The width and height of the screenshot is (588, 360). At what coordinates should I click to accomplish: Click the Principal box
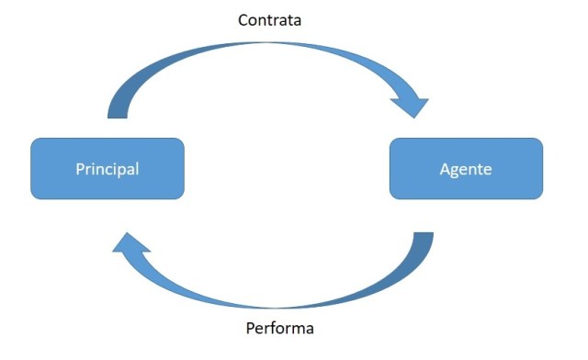click(x=107, y=169)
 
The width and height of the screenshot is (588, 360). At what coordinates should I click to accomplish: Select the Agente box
click(x=466, y=169)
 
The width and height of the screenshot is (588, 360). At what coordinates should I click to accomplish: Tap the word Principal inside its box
click(x=107, y=169)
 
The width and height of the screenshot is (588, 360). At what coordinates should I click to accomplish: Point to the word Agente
click(x=466, y=169)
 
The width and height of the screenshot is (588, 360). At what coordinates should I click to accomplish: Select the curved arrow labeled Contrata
click(x=266, y=48)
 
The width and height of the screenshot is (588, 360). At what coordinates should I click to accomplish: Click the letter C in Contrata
click(x=243, y=18)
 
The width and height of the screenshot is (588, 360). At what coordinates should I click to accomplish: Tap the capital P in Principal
click(x=79, y=169)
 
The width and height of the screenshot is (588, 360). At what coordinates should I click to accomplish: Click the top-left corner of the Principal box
click(x=33, y=141)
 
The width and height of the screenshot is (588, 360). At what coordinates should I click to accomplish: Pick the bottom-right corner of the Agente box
click(x=540, y=197)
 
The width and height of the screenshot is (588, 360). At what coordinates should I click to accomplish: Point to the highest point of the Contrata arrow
click(x=266, y=40)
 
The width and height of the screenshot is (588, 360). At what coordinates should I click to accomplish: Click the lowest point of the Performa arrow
click(x=276, y=308)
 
